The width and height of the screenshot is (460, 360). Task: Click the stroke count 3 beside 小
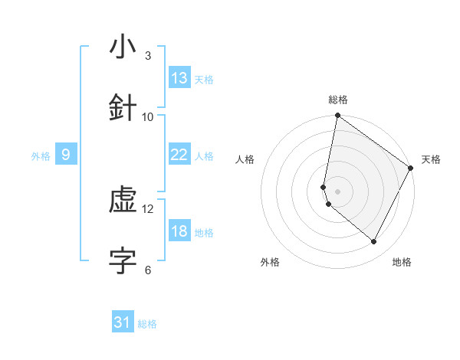tap(148, 56)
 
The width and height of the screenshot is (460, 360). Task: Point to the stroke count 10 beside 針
tap(148, 116)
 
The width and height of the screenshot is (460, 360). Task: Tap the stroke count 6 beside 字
tap(148, 270)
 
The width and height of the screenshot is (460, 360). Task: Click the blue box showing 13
tap(179, 78)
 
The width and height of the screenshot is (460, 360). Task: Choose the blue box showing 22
tap(179, 155)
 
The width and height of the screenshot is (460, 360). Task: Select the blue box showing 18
tap(179, 231)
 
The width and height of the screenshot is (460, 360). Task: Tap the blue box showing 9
tap(66, 155)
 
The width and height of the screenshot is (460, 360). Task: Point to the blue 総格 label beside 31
tap(148, 324)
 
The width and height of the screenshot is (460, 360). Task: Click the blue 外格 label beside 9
tap(41, 155)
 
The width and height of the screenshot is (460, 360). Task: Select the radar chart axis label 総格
tap(338, 100)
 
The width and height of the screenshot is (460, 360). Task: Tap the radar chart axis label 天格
tap(431, 159)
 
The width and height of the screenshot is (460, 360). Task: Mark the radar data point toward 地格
tap(374, 242)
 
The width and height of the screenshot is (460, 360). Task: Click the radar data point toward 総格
tap(337, 116)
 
